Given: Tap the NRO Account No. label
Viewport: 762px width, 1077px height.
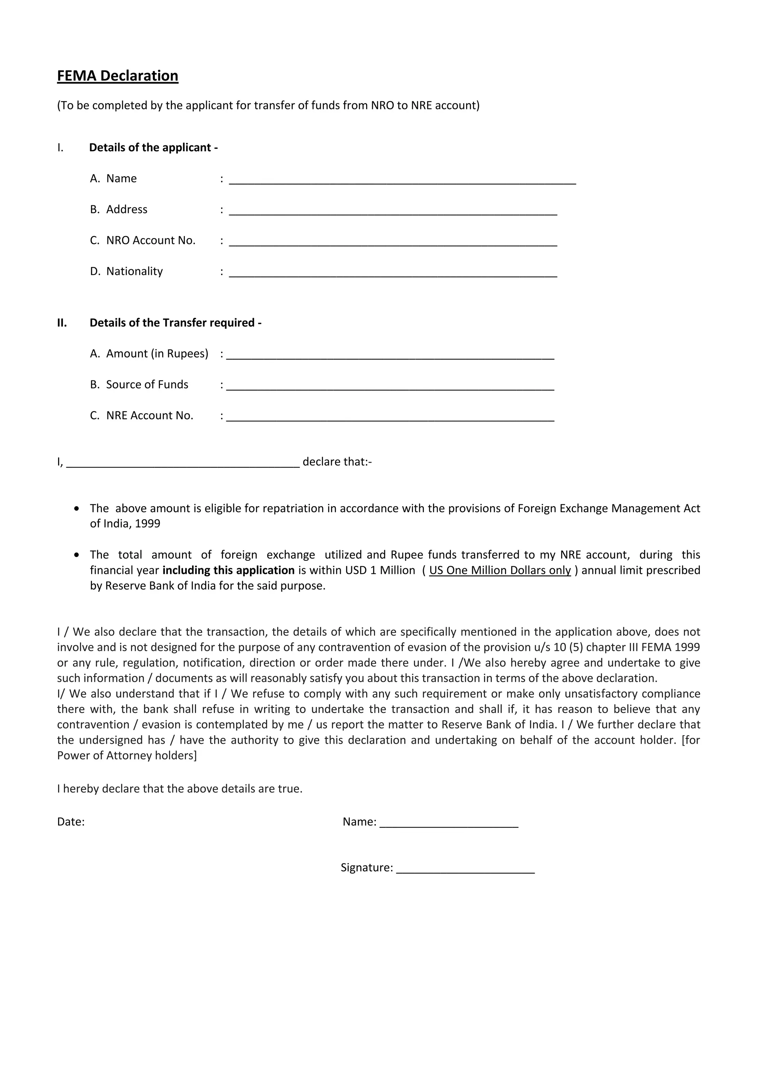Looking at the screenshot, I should (x=150, y=241).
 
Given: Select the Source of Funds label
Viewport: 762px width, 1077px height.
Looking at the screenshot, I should (x=147, y=385).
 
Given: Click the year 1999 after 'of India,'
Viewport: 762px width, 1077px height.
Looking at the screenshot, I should (x=147, y=524).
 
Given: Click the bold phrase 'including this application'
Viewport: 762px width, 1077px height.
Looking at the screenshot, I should (x=228, y=570).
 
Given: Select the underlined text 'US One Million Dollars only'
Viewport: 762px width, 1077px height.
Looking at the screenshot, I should (x=500, y=570).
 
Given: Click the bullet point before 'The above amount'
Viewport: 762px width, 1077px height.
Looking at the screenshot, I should (x=77, y=509).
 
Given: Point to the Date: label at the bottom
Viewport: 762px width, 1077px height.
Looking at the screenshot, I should (x=71, y=822).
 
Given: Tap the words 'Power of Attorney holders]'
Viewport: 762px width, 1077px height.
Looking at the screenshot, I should (x=127, y=756).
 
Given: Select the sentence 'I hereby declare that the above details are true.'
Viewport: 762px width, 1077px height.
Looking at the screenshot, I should (x=180, y=789).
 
